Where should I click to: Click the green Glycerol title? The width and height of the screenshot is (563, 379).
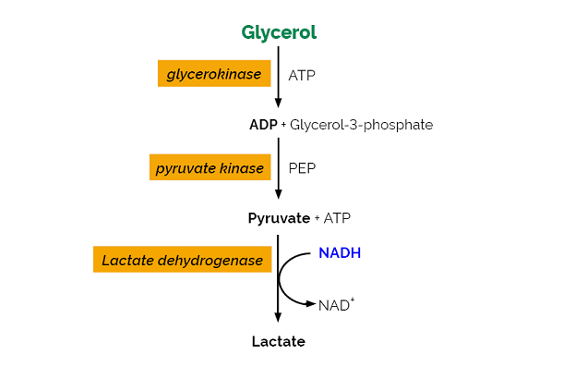tap(279, 32)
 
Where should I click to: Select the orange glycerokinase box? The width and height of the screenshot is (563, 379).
tap(214, 74)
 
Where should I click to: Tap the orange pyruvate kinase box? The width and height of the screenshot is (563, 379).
tap(210, 167)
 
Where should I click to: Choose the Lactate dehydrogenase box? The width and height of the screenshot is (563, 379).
tap(182, 260)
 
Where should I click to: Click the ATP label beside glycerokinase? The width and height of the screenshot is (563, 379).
tap(302, 75)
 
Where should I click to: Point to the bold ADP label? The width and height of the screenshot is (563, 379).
tap(263, 124)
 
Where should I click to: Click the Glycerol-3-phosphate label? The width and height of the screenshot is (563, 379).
tap(361, 124)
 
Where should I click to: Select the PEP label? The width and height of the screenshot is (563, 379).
tap(302, 168)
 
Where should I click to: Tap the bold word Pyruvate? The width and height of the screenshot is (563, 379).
tap(280, 218)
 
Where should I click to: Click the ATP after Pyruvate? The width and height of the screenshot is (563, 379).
tap(337, 218)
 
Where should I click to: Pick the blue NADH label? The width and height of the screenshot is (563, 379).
tap(340, 251)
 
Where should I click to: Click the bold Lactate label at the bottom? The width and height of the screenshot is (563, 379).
tap(278, 341)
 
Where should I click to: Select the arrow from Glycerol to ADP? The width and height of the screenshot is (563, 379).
tap(278, 79)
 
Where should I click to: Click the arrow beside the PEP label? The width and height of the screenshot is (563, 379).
tap(278, 171)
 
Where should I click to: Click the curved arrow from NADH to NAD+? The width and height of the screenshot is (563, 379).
tap(282, 277)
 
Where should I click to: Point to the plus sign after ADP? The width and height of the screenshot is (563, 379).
tap(283, 125)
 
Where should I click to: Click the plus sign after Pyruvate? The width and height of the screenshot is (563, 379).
tap(317, 218)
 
